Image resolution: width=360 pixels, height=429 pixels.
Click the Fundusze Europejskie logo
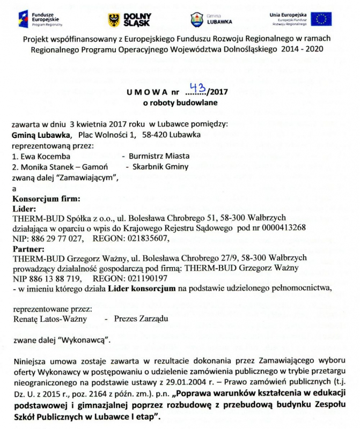41,19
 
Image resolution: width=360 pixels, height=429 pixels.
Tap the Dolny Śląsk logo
130,20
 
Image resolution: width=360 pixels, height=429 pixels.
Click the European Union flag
322,19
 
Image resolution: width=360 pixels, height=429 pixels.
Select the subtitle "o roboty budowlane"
180,101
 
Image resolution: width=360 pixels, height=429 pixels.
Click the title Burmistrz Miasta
156,156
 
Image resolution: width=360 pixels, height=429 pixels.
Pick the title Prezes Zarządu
141,319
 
